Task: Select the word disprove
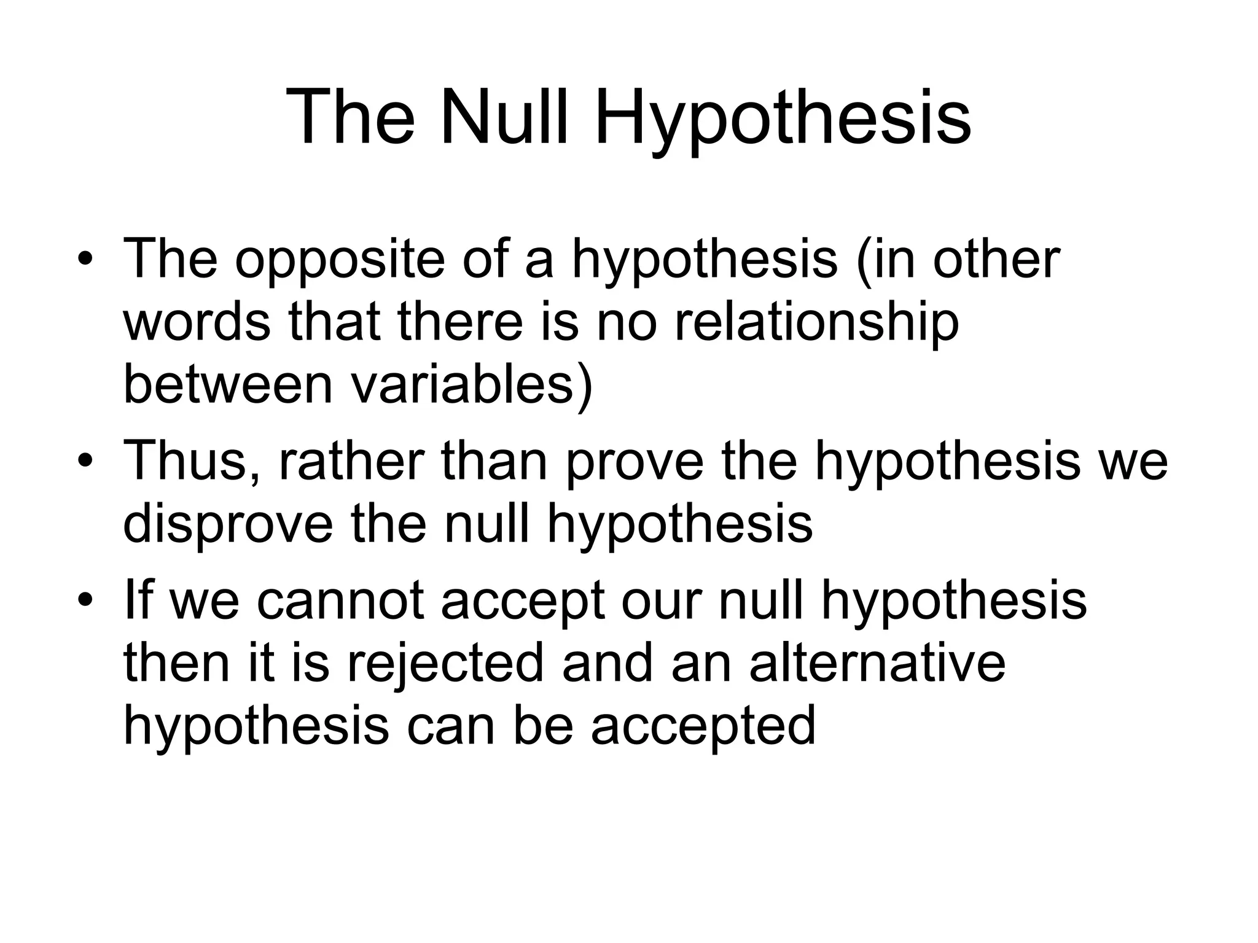[x=228, y=526]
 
